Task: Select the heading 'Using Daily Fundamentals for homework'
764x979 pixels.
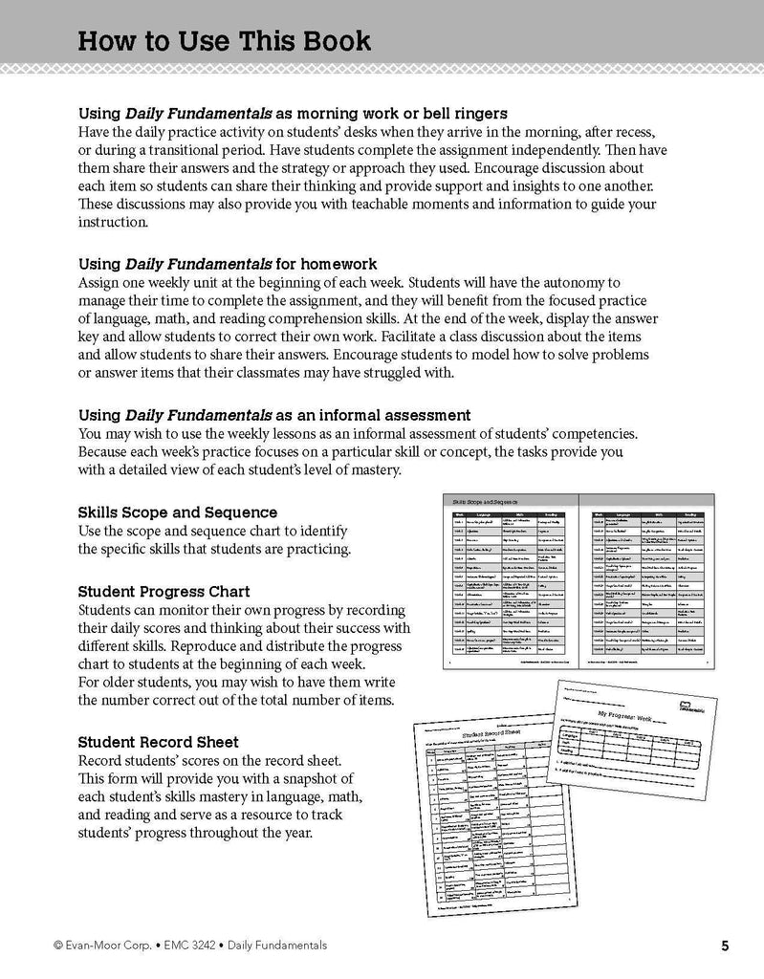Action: tap(227, 263)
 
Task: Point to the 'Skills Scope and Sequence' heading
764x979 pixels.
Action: tap(177, 512)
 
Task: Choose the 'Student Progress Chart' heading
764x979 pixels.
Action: tap(166, 590)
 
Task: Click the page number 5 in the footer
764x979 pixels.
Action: tap(726, 946)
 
